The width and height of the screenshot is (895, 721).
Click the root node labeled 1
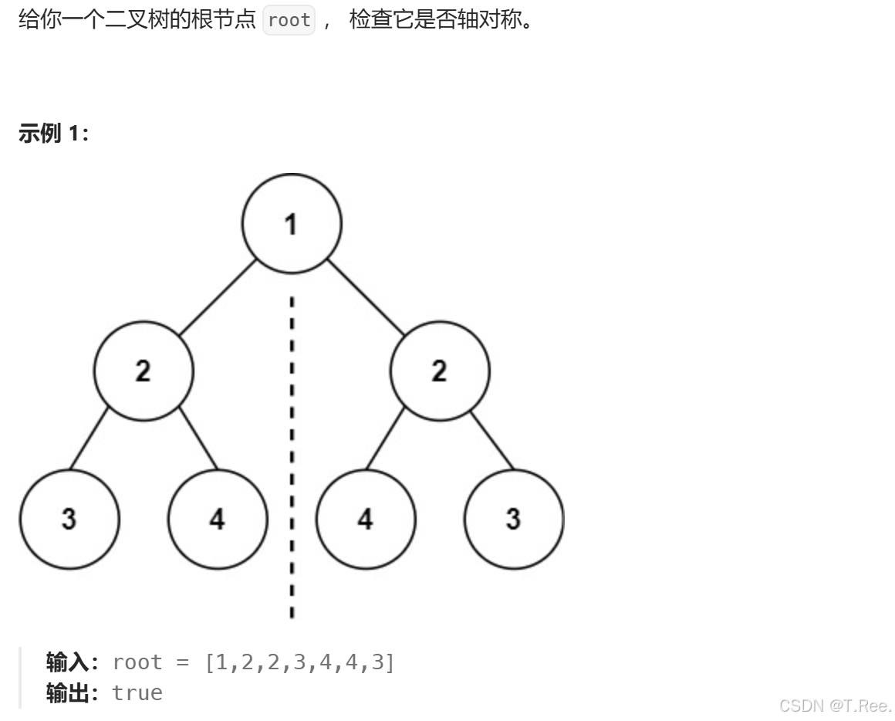[291, 224]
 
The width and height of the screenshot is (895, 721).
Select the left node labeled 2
[144, 371]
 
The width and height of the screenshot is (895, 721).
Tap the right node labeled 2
[439, 371]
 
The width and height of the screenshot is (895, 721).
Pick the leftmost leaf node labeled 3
[69, 519]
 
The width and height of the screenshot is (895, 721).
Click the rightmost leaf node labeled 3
[513, 519]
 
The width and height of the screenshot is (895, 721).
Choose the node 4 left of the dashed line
[218, 519]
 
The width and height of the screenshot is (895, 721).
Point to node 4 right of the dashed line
[366, 519]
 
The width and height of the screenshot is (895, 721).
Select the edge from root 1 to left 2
[217, 298]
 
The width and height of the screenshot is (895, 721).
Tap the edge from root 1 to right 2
[366, 298]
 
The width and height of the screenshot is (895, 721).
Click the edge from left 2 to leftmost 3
[89, 437]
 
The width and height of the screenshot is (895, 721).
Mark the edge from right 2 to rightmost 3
[492, 437]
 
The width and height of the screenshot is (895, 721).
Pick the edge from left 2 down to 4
[198, 437]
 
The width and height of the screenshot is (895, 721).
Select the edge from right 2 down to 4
[384, 437]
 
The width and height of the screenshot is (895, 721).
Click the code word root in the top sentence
[289, 20]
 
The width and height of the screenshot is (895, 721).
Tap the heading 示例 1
[53, 134]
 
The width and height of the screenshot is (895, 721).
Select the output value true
[137, 692]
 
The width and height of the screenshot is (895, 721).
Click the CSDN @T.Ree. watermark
[835, 706]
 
